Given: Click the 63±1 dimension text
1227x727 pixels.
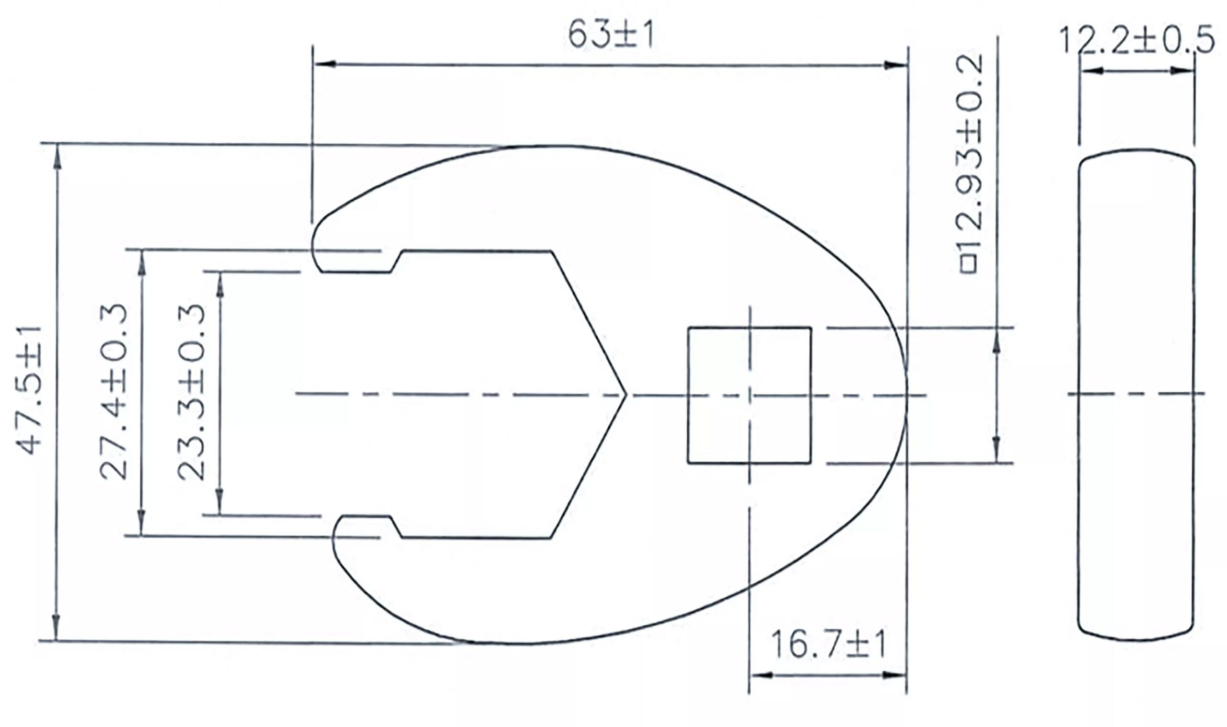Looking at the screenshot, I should (610, 35).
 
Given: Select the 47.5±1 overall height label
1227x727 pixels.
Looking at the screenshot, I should (30, 390).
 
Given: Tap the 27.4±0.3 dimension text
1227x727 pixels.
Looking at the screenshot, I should (114, 391).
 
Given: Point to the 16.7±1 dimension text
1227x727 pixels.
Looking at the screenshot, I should (828, 645).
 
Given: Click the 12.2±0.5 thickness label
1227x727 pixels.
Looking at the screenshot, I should (1136, 40).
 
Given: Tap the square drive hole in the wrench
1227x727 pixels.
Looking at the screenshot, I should (749, 394).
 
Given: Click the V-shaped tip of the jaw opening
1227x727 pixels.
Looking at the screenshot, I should (625, 394).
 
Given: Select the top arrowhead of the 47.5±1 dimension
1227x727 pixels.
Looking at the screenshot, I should (58, 156).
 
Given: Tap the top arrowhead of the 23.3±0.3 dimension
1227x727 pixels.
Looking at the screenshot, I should (220, 284).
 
